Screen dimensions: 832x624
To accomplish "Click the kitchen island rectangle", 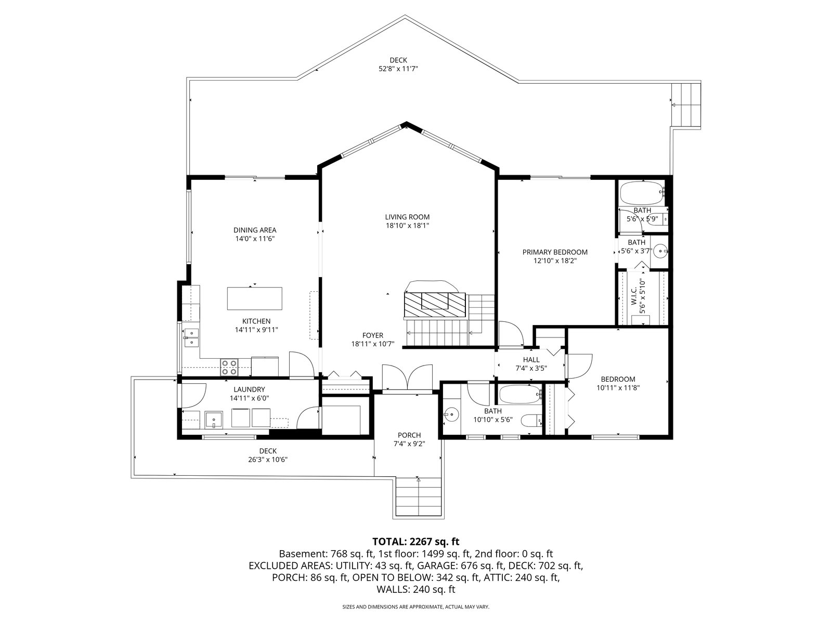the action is (x=254, y=298).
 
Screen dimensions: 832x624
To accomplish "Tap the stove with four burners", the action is (x=230, y=367).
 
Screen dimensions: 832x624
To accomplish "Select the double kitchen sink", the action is (x=191, y=338).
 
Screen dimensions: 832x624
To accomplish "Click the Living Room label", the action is (x=407, y=217).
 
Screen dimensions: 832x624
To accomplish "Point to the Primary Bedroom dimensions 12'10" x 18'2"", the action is (x=555, y=261).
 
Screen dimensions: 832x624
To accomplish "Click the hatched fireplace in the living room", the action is (x=435, y=304).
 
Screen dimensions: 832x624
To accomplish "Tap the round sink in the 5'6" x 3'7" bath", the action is (x=661, y=251).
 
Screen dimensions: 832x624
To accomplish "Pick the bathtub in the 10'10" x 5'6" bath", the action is (x=520, y=394).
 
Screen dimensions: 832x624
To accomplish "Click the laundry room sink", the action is (x=214, y=420).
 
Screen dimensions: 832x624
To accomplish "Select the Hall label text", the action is (x=531, y=359).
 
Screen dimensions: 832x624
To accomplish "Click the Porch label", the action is (x=409, y=435).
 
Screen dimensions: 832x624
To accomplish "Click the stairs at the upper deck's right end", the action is (x=686, y=105).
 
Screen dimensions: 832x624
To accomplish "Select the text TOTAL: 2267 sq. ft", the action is (x=416, y=541).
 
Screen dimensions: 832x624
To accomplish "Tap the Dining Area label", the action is (x=255, y=230).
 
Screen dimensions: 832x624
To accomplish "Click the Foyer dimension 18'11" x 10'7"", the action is (x=373, y=344).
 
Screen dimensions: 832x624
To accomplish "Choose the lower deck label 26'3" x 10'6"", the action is (x=268, y=460).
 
